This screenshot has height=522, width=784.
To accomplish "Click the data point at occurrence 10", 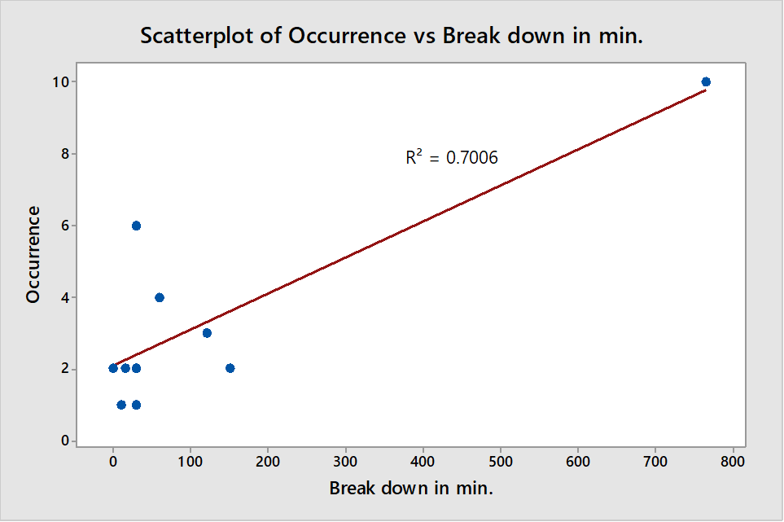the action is coord(706,81).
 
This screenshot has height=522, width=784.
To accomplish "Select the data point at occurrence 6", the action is coord(136,226).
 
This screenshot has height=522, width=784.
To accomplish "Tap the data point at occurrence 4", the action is coord(160,297).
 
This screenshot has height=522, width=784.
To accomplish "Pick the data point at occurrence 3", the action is coord(207,333).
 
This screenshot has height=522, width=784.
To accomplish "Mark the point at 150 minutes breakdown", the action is coord(230,368).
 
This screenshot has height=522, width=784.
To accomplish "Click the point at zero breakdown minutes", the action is coord(113,368).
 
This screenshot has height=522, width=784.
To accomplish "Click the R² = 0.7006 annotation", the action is coord(452,157).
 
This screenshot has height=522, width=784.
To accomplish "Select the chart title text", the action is coord(392,36).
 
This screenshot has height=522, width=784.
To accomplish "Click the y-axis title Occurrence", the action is coord(33,254).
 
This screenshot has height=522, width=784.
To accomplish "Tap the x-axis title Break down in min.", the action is coord(411,488).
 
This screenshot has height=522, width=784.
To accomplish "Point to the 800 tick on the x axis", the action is coord(733,460).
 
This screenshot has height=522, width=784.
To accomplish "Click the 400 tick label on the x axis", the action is coord(423,460).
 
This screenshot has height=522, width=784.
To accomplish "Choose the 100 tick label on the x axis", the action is coord(190,460).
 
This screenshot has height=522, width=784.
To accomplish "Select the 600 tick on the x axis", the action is coord(577,460).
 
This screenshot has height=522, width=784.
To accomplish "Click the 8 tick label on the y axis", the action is coord(65,153).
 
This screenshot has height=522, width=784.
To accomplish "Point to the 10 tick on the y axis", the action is coord(60,81).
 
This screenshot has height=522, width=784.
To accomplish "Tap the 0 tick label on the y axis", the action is coord(65,441).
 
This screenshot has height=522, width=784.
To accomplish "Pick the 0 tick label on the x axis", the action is coord(113,460).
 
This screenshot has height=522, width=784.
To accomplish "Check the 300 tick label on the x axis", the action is coord(345,460).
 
